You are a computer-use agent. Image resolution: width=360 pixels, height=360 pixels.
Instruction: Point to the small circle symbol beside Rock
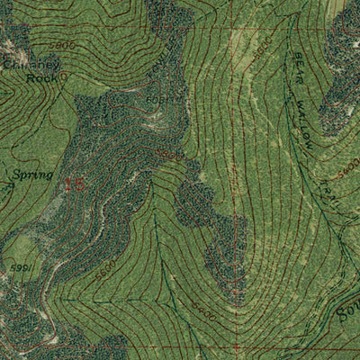(x=66, y=77)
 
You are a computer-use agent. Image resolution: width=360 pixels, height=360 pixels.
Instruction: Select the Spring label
(x=32, y=174)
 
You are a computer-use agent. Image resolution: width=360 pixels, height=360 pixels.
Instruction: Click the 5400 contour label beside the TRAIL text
(x=350, y=166)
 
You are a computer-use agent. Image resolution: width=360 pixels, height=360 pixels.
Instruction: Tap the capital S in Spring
(x=17, y=173)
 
